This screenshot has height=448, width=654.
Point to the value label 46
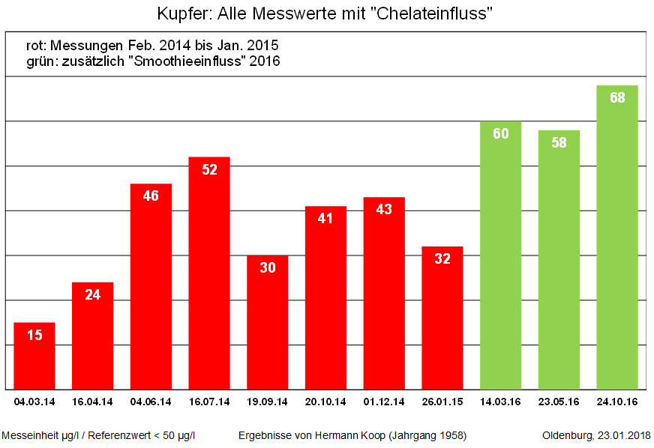pyautogui.click(x=151, y=196)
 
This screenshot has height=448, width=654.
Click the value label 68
pyautogui.click(x=617, y=98)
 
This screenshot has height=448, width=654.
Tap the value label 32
pyautogui.click(x=442, y=259)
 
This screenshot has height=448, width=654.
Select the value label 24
pyautogui.click(x=93, y=295)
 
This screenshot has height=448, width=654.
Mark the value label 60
pyautogui.click(x=500, y=134)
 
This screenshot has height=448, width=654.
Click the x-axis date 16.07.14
pyautogui.click(x=209, y=402)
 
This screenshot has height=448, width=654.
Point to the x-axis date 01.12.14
pyautogui.click(x=384, y=402)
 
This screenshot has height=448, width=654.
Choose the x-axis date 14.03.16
pyautogui.click(x=500, y=402)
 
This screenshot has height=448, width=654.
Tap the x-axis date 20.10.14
pyautogui.click(x=325, y=402)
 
